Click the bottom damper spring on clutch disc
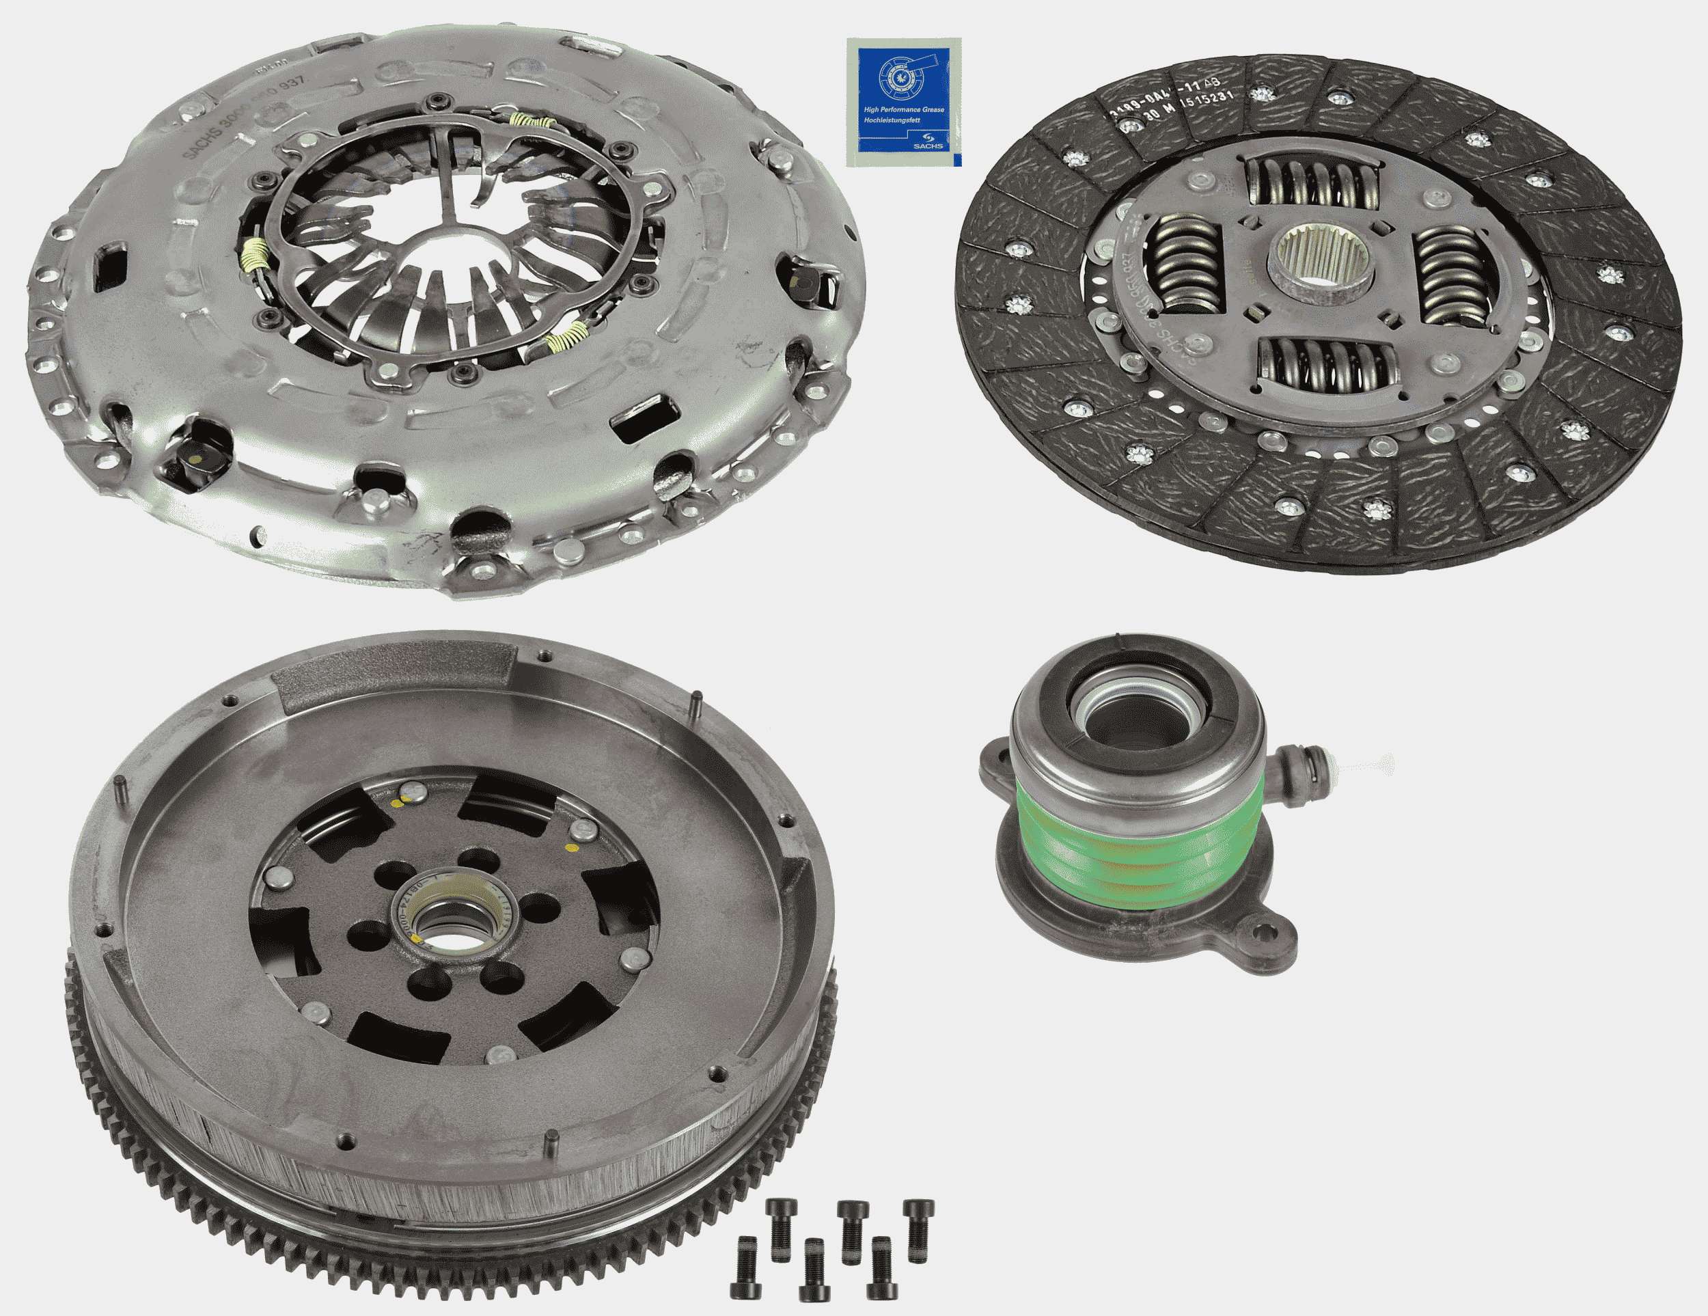(x=1327, y=367)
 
